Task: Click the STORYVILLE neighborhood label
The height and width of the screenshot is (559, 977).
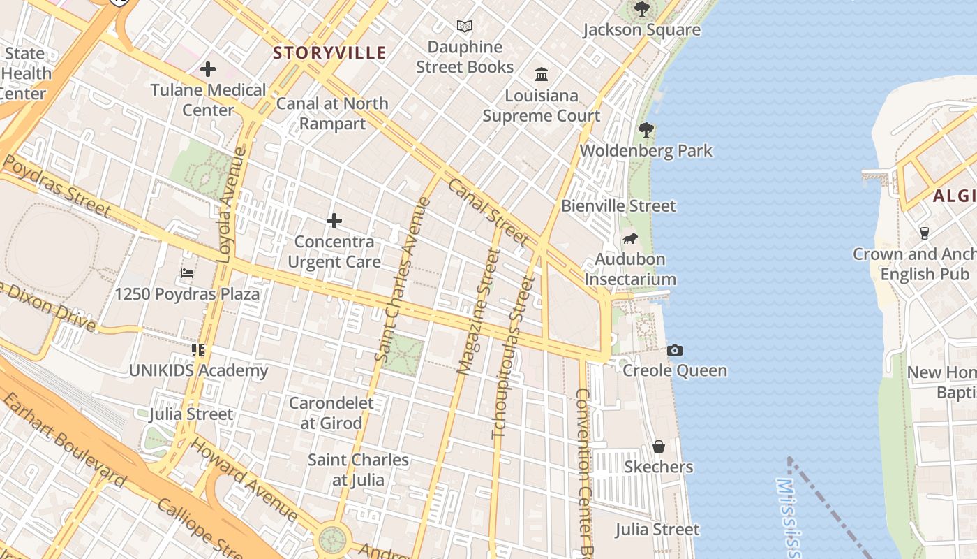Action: (329, 52)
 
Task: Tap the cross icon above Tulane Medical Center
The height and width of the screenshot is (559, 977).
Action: (208, 69)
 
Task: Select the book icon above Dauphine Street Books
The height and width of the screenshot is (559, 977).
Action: (465, 27)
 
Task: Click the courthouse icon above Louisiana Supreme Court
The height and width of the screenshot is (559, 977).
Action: (542, 74)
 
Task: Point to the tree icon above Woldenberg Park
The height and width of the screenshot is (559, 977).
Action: (646, 129)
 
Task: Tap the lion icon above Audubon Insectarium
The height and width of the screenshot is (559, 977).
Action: (630, 239)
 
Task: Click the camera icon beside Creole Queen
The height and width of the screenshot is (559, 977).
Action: (675, 350)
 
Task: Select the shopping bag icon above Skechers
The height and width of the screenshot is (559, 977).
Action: (658, 447)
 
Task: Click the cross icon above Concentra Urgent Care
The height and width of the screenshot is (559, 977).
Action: (334, 222)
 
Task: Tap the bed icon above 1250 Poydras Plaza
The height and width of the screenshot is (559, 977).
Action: (187, 273)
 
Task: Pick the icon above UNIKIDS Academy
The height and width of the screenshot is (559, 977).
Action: (198, 349)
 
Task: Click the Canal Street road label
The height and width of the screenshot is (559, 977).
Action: (488, 212)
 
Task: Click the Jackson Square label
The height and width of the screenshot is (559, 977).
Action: (641, 29)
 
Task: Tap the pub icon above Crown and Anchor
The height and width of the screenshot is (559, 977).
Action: (925, 233)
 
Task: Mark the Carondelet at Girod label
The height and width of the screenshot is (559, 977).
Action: (331, 413)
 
